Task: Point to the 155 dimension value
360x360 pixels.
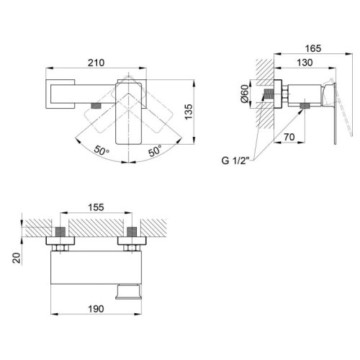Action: point(96,207)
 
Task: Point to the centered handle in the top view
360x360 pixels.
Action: point(130,119)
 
